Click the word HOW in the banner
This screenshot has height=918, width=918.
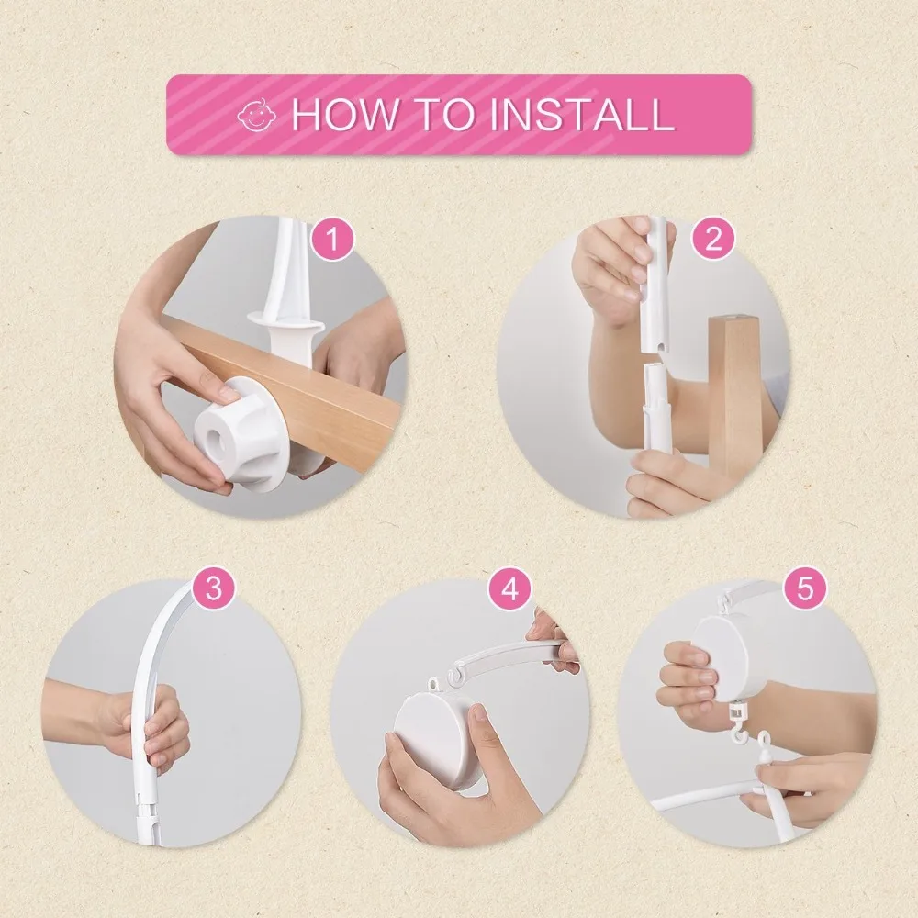[343, 114]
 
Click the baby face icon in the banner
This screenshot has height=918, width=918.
[256, 115]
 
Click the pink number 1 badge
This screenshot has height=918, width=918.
[332, 240]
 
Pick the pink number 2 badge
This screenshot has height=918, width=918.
[713, 239]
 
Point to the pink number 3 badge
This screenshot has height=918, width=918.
[214, 588]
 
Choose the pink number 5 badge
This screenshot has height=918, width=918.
[806, 588]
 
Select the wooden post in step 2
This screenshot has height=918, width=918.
[734, 398]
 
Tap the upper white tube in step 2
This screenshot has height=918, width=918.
[655, 285]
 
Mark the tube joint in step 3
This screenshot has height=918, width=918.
[146, 803]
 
